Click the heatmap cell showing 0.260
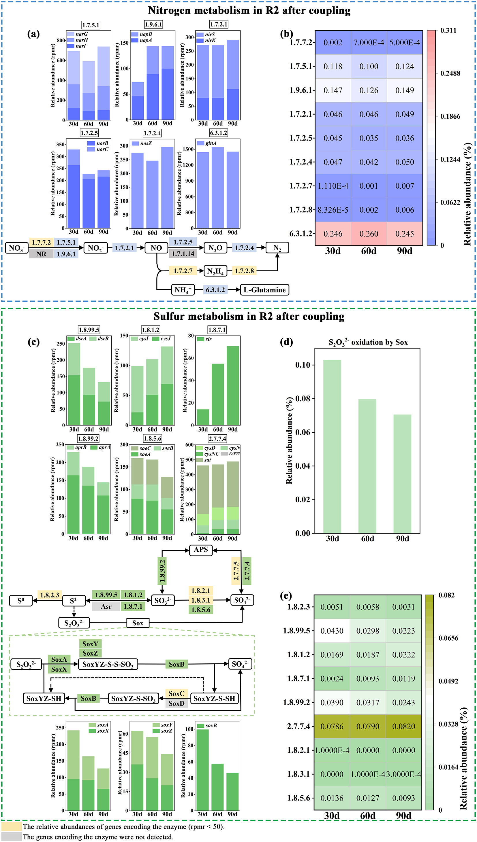(369, 234)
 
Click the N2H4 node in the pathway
(215, 271)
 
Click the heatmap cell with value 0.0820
(404, 726)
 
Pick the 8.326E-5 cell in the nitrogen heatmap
(333, 210)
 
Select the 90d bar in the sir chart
(233, 385)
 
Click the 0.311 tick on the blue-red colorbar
(448, 31)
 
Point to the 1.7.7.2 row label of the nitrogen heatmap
(301, 42)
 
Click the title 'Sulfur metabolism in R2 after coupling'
(249, 317)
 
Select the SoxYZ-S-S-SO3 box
(108, 664)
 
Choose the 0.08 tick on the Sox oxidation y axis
(303, 399)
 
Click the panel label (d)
(286, 342)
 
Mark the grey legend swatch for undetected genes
(12, 837)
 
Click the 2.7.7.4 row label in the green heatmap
(298, 726)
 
